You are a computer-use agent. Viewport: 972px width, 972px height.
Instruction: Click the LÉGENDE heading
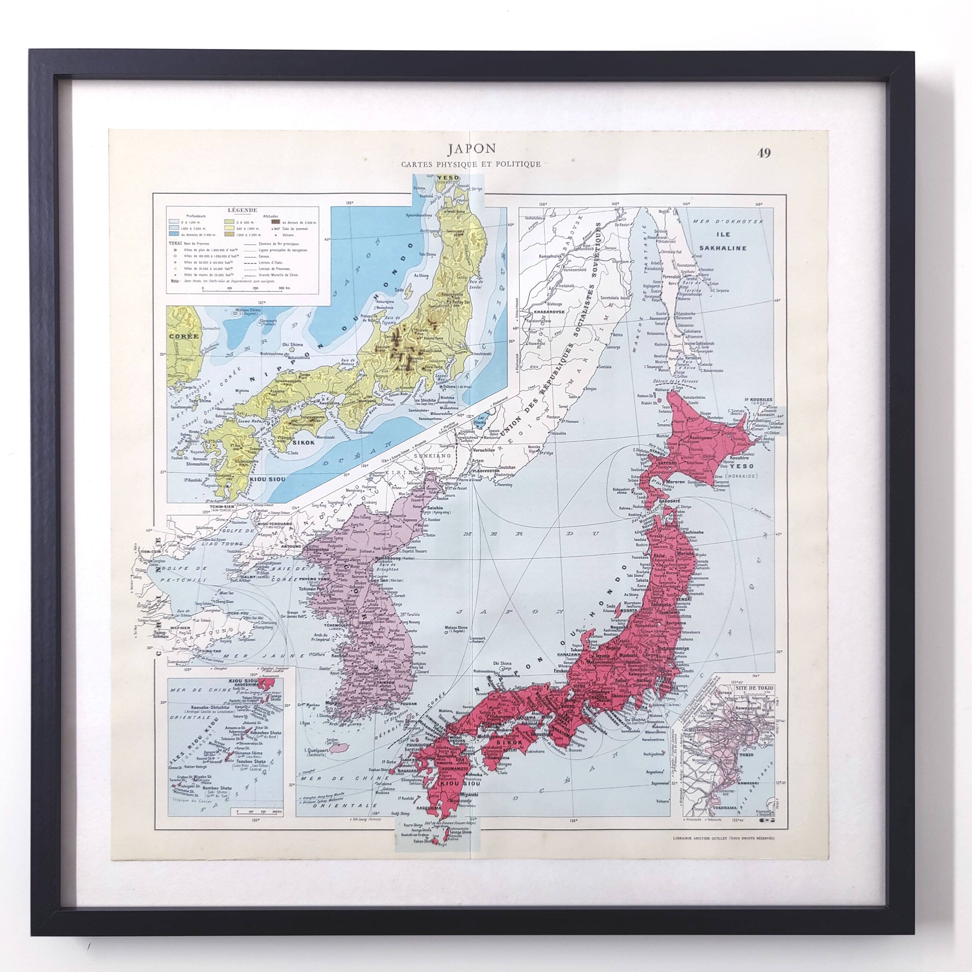pos(242,210)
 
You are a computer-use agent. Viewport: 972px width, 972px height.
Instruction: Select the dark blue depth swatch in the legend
pos(174,235)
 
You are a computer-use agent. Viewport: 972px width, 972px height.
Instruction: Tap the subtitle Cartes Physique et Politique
pos(470,164)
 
